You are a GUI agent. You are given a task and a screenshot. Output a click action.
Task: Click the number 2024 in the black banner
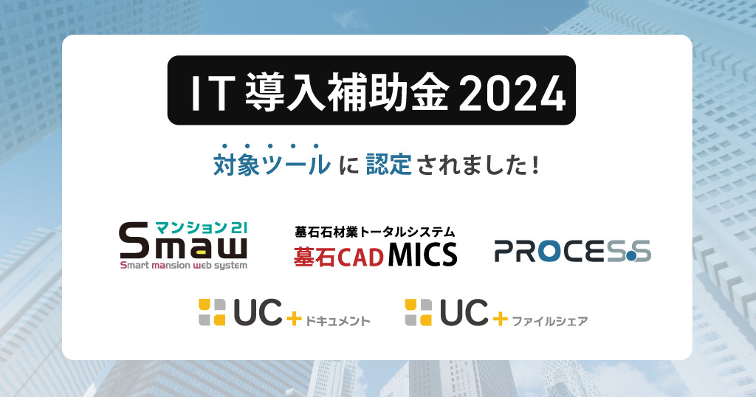click(x=512, y=92)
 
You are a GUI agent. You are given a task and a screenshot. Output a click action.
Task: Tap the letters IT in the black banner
click(x=210, y=93)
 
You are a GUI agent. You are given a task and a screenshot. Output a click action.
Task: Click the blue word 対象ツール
click(x=272, y=165)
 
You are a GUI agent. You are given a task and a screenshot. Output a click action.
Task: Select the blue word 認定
click(x=388, y=165)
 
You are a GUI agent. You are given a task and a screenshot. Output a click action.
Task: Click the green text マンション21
click(x=201, y=227)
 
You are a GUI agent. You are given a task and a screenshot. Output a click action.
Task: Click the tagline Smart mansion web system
click(x=184, y=266)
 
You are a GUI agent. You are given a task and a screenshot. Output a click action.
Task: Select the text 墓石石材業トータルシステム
click(x=374, y=232)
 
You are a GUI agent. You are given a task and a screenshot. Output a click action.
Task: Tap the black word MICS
click(x=422, y=255)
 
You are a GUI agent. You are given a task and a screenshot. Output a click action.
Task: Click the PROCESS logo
click(x=573, y=251)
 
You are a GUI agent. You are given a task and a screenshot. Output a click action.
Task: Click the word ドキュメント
click(x=338, y=321)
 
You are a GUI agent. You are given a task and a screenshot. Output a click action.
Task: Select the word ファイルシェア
click(x=549, y=321)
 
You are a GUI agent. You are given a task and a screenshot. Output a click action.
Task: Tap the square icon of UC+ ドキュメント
click(x=212, y=312)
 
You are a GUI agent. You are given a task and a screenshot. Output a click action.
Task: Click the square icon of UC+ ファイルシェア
click(x=419, y=312)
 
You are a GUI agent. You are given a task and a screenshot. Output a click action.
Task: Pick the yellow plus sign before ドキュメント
click(x=294, y=319)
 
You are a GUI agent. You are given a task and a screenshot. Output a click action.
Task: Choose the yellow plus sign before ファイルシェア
click(x=500, y=319)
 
